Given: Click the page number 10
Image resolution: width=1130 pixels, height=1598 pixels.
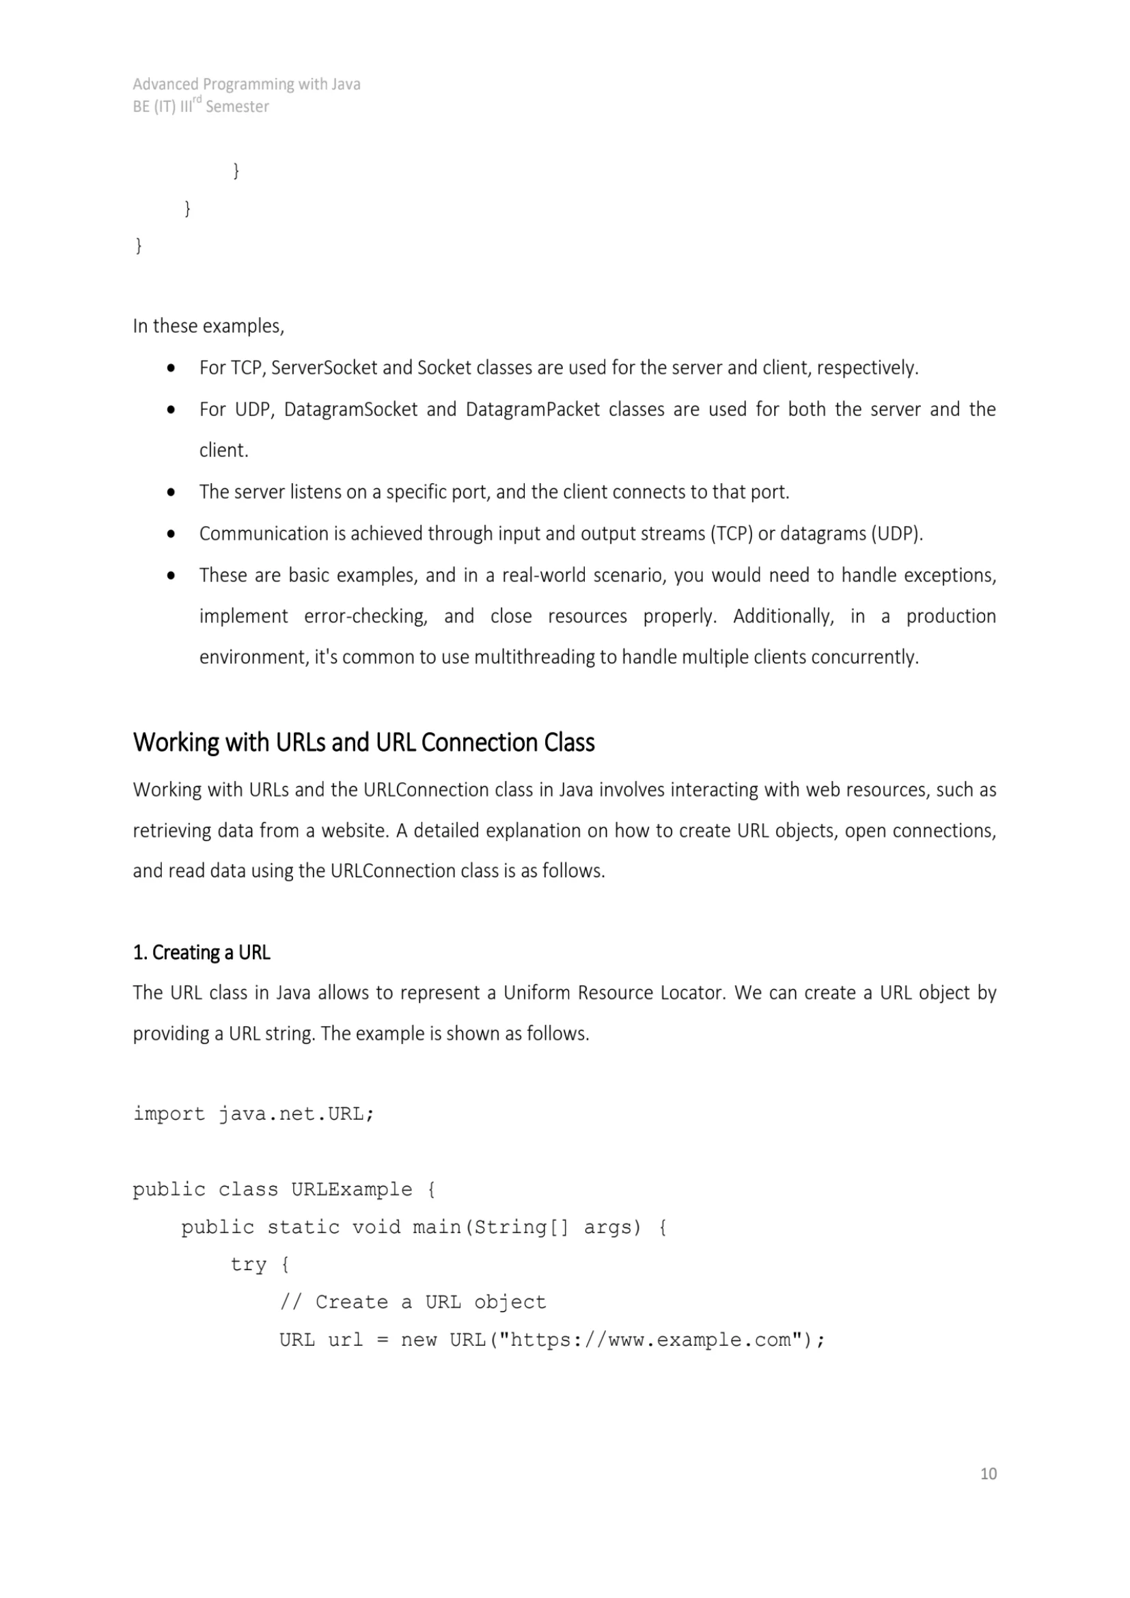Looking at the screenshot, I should coord(988,1474).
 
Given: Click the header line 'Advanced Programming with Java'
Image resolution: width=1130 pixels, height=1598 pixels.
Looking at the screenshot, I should coord(247,84).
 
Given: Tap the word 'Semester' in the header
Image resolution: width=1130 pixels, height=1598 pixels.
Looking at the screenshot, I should coord(237,107).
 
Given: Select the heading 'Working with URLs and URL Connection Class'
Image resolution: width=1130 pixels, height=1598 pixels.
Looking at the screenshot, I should coord(363,743).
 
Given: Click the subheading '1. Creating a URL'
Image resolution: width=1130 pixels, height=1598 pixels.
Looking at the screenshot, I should coord(201,952).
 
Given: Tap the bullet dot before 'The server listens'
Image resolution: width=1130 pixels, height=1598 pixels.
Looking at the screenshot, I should coord(171,493).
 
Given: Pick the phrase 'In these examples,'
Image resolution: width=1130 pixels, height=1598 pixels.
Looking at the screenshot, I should coord(209,327).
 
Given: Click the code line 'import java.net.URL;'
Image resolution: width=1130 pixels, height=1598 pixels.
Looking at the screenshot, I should coord(253,1114).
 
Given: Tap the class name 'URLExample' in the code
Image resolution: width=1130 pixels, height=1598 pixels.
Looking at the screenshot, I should coord(351,1189).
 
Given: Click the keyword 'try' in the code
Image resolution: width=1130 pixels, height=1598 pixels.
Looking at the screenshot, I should coord(249,1265).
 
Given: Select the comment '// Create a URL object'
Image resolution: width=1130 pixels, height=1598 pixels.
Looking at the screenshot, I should coord(413,1302).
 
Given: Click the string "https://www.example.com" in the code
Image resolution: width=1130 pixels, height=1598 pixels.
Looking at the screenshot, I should coord(650,1340).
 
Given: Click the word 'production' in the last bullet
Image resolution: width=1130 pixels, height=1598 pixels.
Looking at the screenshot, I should coord(950,616).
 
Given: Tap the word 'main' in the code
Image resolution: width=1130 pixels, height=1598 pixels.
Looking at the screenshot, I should coord(437,1227).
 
